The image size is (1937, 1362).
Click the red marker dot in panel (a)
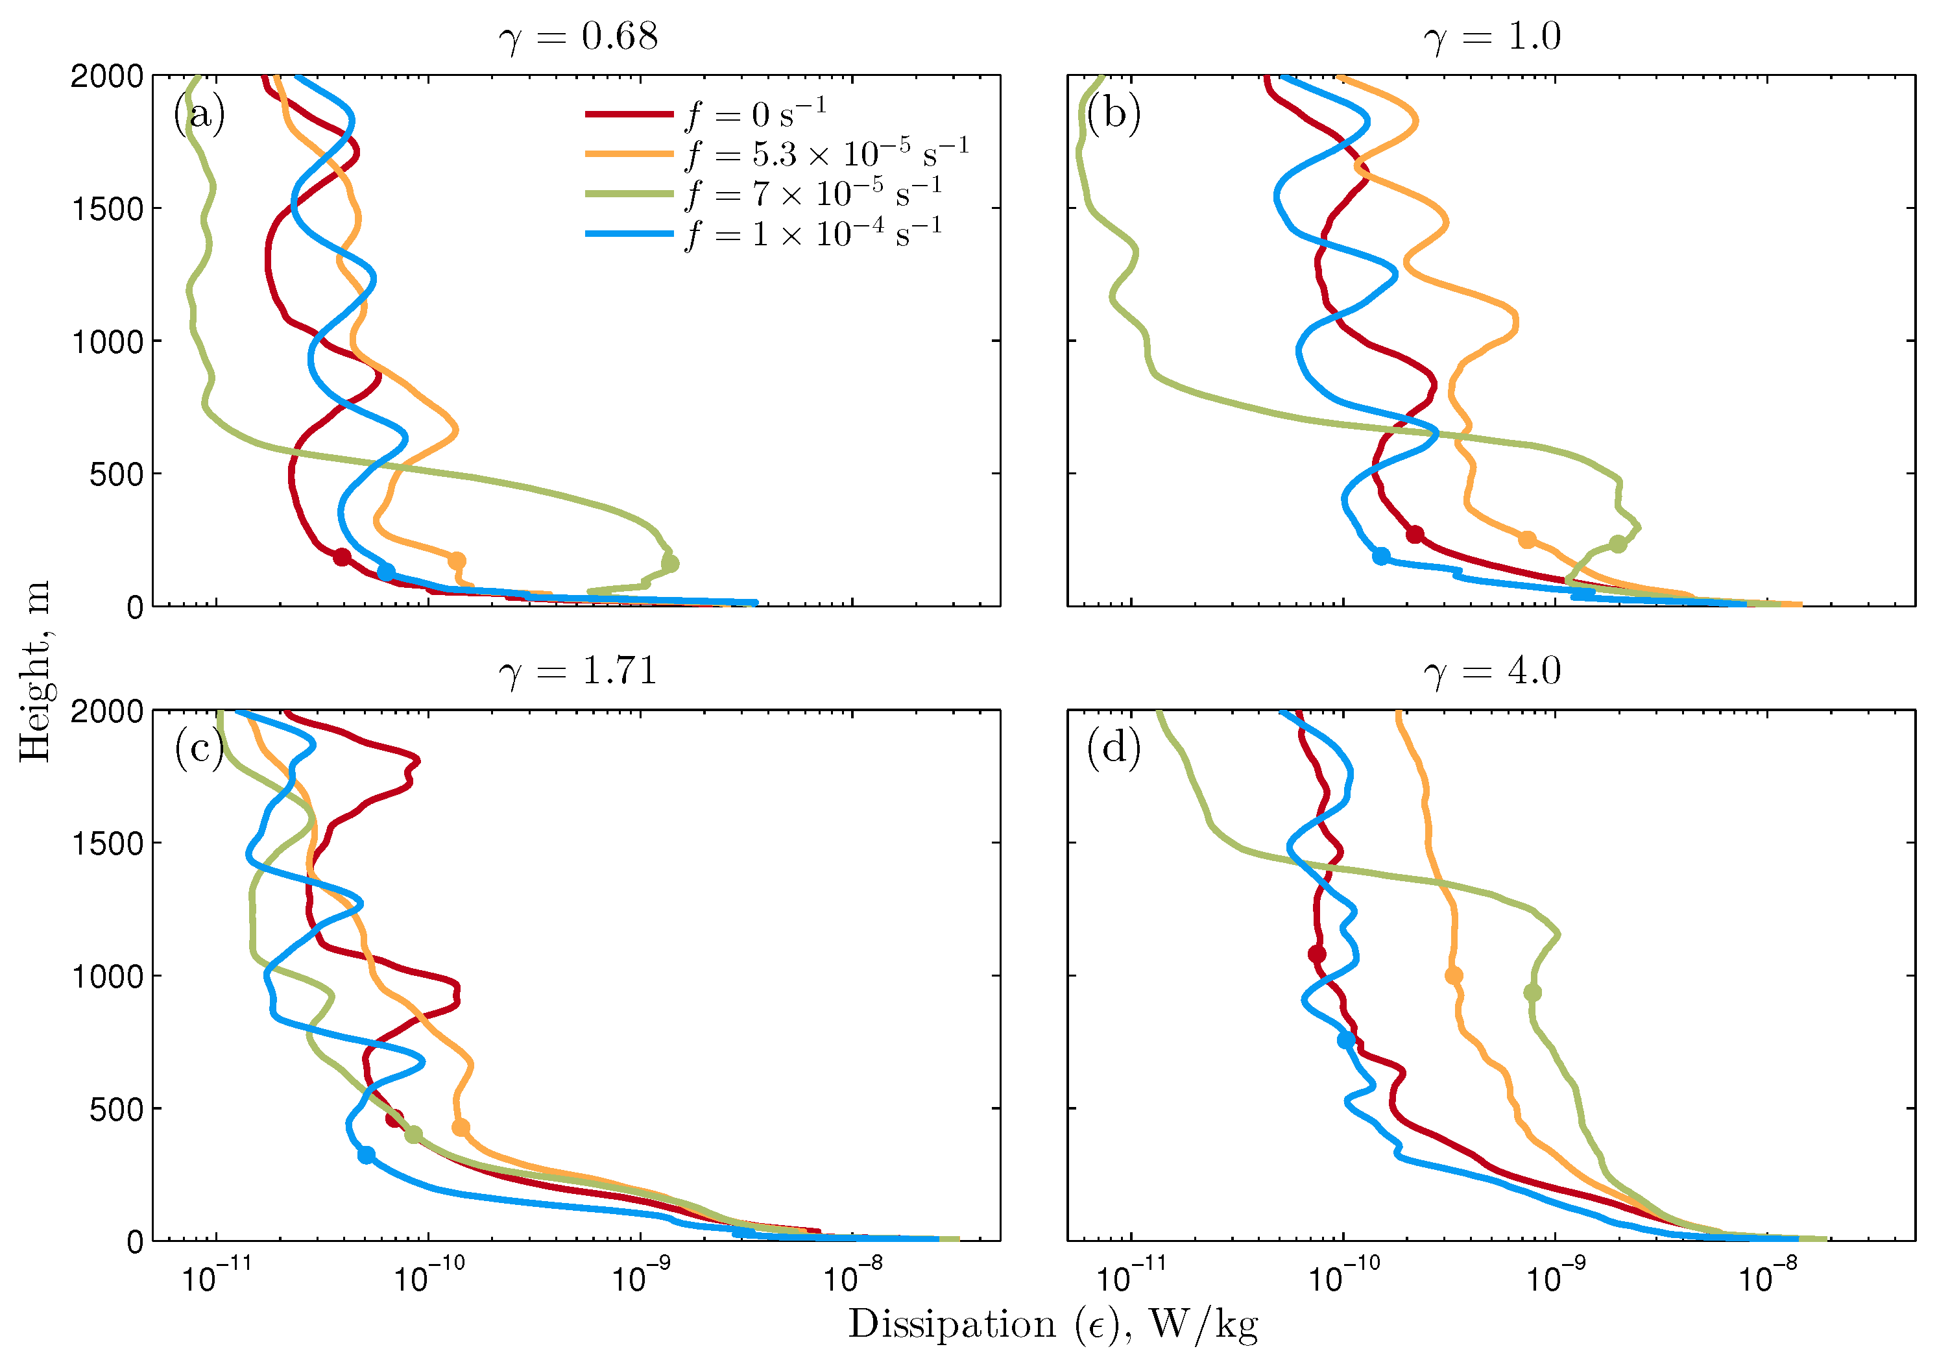click(342, 557)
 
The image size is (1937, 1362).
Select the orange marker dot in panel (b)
click(1527, 540)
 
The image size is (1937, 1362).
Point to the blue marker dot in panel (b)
click(1381, 556)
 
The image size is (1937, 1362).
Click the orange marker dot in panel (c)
click(461, 1127)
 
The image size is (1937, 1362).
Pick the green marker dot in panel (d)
click(1533, 992)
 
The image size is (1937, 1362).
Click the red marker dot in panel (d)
click(1317, 955)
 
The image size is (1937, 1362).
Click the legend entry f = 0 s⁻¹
click(756, 113)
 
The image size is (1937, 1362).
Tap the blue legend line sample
click(629, 234)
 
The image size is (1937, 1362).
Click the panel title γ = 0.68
click(578, 37)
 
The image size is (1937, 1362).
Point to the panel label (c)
click(199, 748)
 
